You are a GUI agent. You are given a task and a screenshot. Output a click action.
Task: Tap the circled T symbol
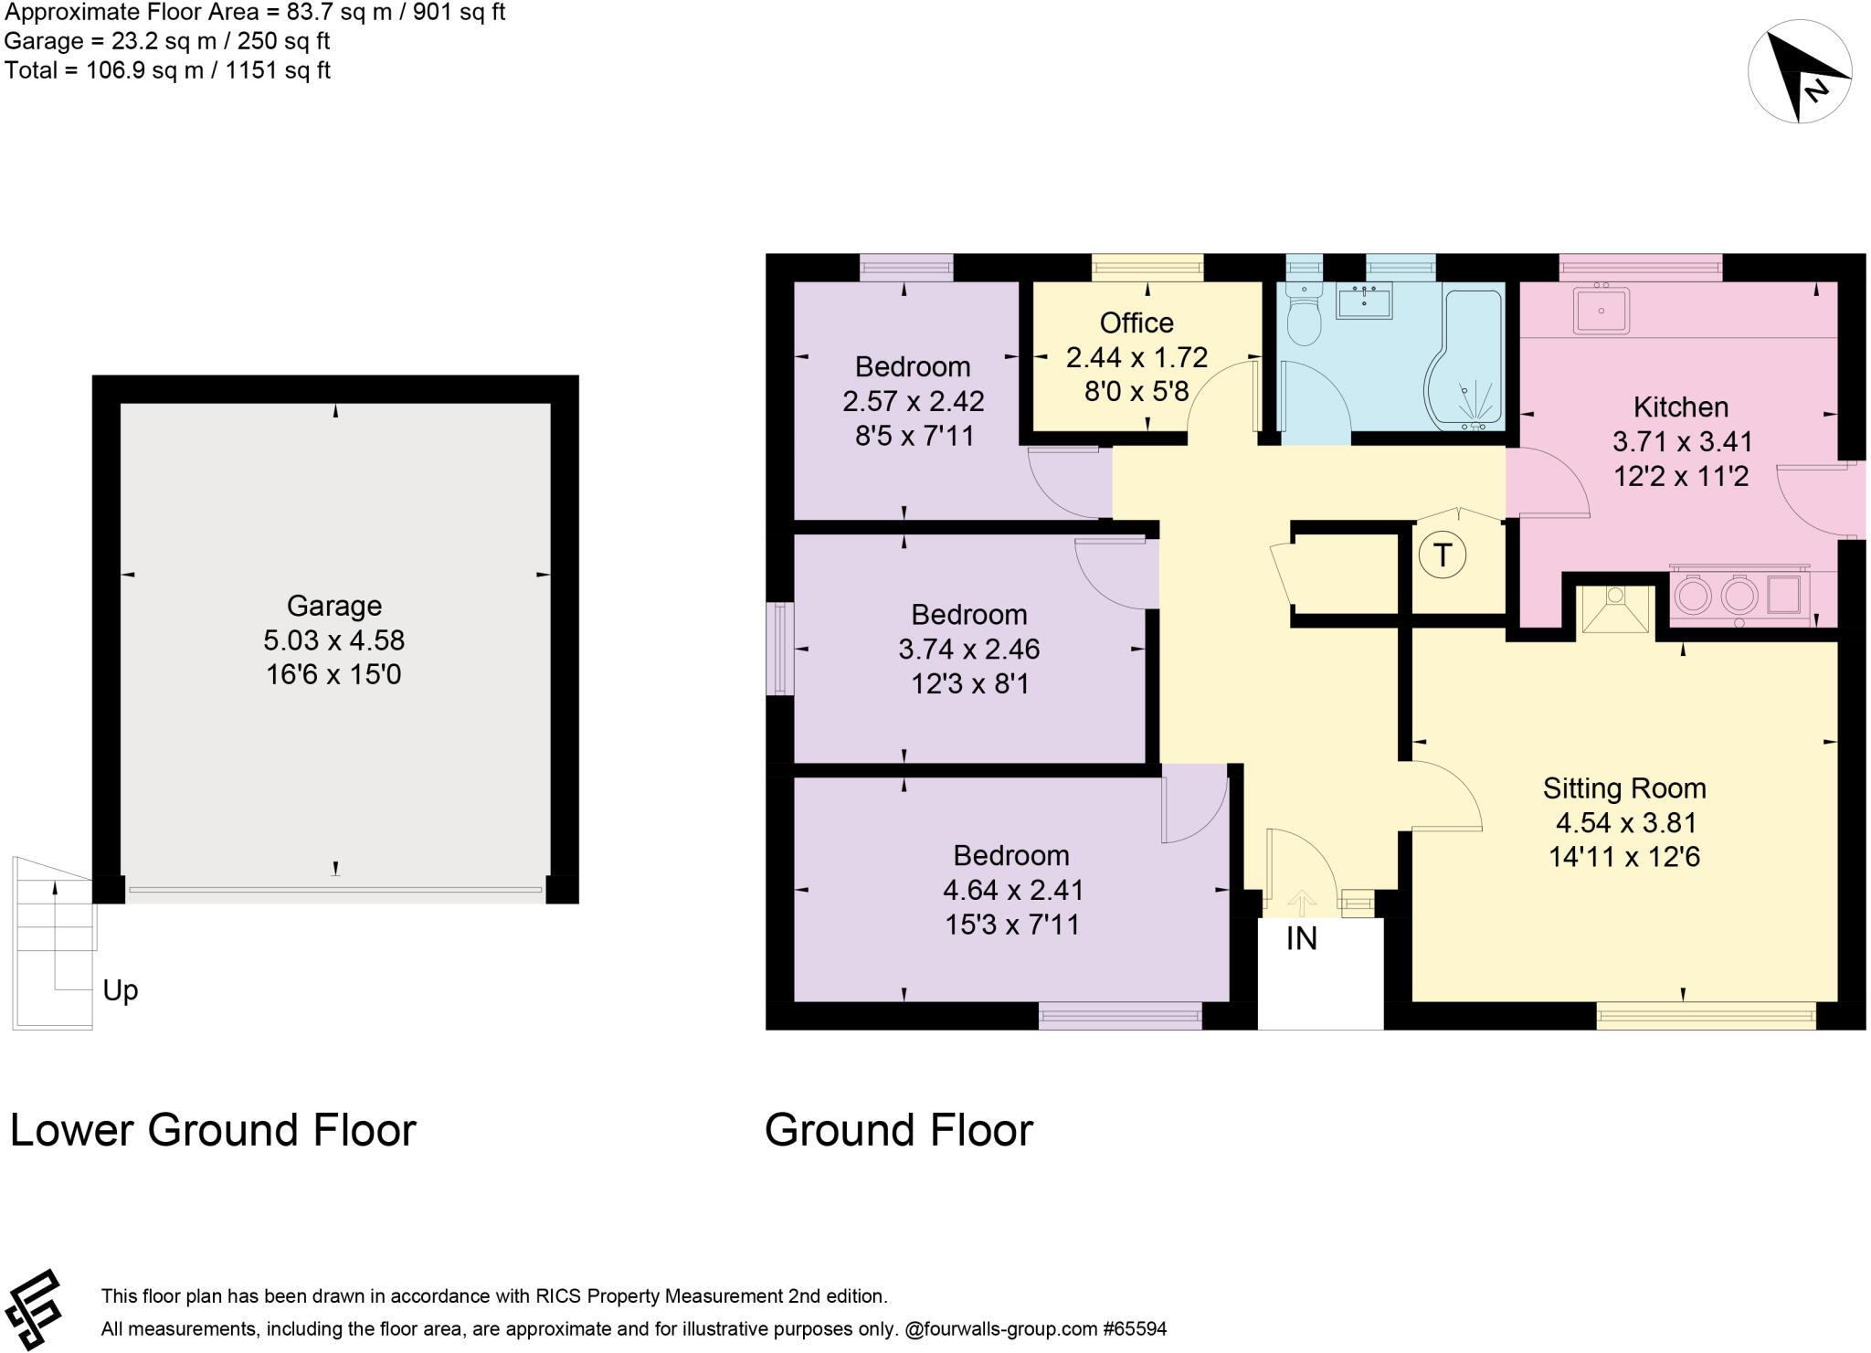click(1443, 555)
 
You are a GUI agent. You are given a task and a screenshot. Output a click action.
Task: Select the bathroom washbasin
click(1364, 301)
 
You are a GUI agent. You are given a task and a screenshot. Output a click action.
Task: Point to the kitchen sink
click(1601, 311)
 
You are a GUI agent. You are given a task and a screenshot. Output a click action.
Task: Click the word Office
click(1136, 322)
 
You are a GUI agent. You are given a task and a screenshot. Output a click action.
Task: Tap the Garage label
click(334, 606)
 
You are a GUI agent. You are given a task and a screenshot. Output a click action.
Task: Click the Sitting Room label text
click(1624, 788)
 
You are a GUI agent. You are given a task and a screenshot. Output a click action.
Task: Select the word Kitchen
click(1681, 407)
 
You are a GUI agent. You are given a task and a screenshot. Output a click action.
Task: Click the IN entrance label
click(1302, 938)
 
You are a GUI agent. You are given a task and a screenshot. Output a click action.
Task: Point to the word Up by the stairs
click(120, 990)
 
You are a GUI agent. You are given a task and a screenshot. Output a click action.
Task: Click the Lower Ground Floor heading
click(213, 1130)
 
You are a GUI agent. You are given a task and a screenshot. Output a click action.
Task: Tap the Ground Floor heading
click(899, 1130)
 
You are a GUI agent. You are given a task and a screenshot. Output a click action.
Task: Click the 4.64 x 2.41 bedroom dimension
click(1013, 890)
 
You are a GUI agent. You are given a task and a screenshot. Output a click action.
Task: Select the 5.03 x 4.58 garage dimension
click(334, 640)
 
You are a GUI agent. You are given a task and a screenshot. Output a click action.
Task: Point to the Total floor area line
click(167, 70)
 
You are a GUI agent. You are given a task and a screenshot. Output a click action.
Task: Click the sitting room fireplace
click(1615, 608)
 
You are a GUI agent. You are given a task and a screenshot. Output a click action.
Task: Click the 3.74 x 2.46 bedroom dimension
click(969, 649)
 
